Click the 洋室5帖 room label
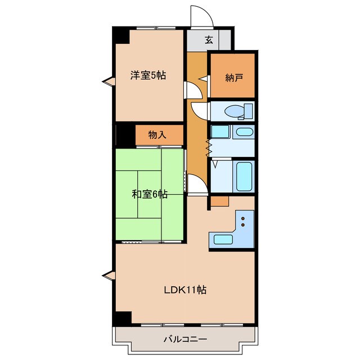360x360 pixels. tap(148, 75)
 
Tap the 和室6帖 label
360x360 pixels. tap(150, 195)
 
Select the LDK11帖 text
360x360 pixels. tap(184, 291)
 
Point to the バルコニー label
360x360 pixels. tap(185, 340)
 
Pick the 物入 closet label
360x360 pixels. tap(157, 135)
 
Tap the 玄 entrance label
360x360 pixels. tap(209, 39)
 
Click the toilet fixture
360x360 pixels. tap(239, 110)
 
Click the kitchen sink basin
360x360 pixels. tap(223, 239)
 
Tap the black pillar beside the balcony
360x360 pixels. tap(121, 317)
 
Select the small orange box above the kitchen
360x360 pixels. tap(220, 201)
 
